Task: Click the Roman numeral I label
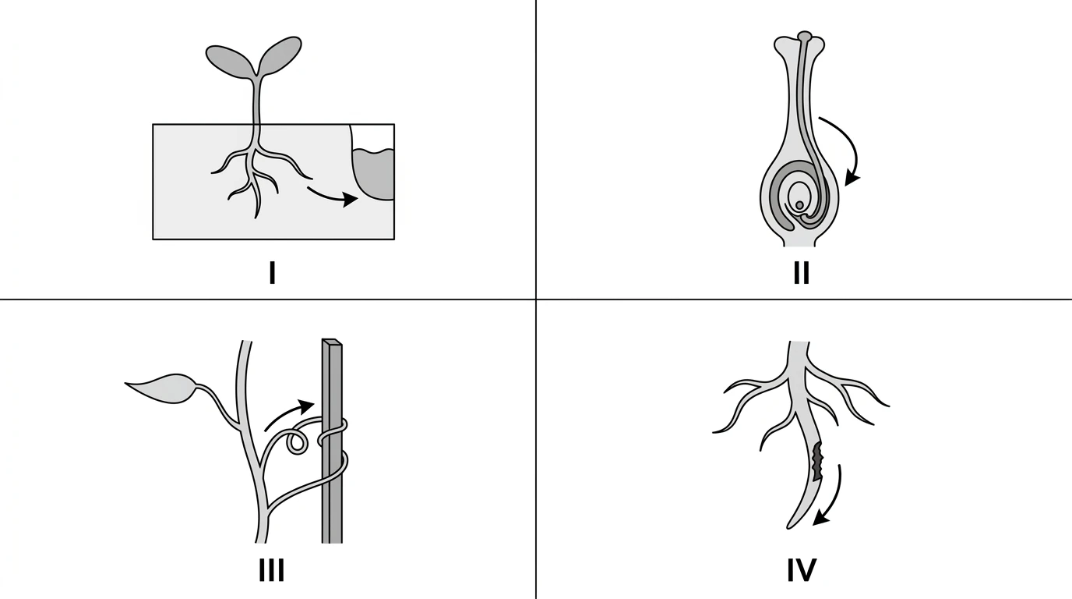point(273,273)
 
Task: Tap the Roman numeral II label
point(802,273)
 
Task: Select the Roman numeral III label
point(271,570)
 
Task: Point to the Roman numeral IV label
point(802,570)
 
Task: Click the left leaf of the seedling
point(230,60)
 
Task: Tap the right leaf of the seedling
point(280,55)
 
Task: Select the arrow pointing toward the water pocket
point(332,196)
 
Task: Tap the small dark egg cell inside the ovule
point(799,205)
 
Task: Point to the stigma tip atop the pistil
point(805,36)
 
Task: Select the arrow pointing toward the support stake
point(290,413)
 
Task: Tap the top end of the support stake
point(332,342)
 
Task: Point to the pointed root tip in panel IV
point(788,527)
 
